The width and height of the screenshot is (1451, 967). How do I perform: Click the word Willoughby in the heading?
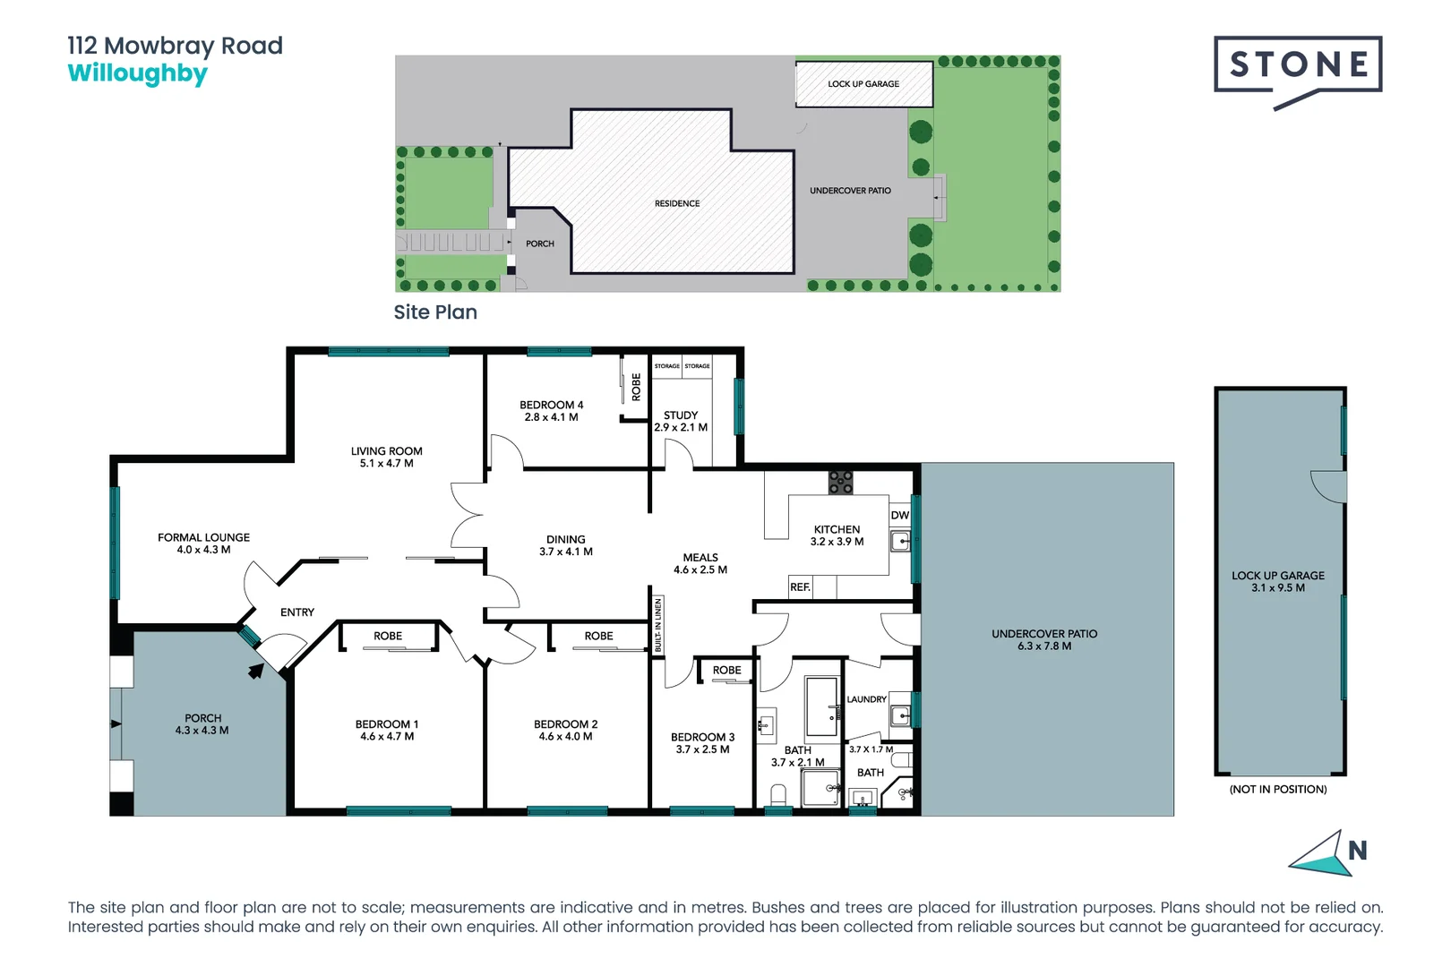137,74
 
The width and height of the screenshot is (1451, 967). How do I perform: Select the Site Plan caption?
435,312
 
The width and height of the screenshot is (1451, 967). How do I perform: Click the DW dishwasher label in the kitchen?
899,516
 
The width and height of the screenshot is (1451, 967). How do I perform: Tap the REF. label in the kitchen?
800,587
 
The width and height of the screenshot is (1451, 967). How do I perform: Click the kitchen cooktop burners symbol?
840,483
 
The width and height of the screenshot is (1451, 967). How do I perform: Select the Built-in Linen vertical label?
658,625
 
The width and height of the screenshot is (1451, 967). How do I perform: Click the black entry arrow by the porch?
256,671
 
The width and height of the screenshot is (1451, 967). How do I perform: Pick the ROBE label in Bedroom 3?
726,671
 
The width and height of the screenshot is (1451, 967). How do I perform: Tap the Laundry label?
866,699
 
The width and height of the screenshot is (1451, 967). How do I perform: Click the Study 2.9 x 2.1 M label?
681,422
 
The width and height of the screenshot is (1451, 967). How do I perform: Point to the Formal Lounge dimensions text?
203,550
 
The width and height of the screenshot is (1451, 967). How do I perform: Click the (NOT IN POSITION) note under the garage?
1277,789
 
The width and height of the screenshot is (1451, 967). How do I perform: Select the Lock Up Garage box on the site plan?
863,84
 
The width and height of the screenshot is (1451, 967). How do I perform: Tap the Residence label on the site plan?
677,204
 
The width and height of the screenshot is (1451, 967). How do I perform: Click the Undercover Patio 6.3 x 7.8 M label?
1044,639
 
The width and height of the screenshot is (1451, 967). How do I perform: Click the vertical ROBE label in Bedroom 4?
637,387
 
